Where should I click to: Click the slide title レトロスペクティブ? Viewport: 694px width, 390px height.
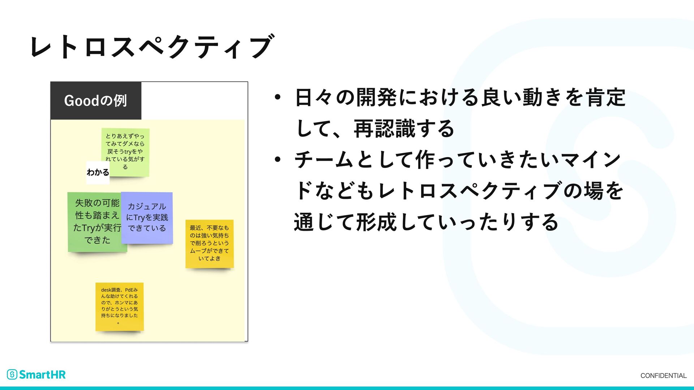tap(152, 47)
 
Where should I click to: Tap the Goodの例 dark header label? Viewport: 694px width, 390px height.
tap(96, 101)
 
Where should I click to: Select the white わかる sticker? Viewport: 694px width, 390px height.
tap(98, 173)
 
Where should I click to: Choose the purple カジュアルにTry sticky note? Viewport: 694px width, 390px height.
tap(147, 217)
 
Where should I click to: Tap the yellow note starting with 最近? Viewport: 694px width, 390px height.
tap(209, 243)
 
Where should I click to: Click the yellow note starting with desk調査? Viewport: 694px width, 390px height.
tap(119, 306)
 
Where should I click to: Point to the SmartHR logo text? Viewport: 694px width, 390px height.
tap(42, 374)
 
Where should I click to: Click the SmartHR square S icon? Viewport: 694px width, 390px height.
tap(12, 374)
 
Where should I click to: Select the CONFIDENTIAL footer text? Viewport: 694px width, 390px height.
tap(663, 376)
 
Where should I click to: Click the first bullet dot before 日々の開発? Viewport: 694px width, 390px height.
tap(277, 97)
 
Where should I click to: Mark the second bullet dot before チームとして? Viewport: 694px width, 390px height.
tap(277, 160)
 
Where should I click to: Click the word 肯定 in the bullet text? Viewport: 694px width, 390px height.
tap(606, 97)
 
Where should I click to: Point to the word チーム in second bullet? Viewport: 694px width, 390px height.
tap(324, 160)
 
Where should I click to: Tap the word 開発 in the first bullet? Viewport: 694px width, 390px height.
tap(376, 97)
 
